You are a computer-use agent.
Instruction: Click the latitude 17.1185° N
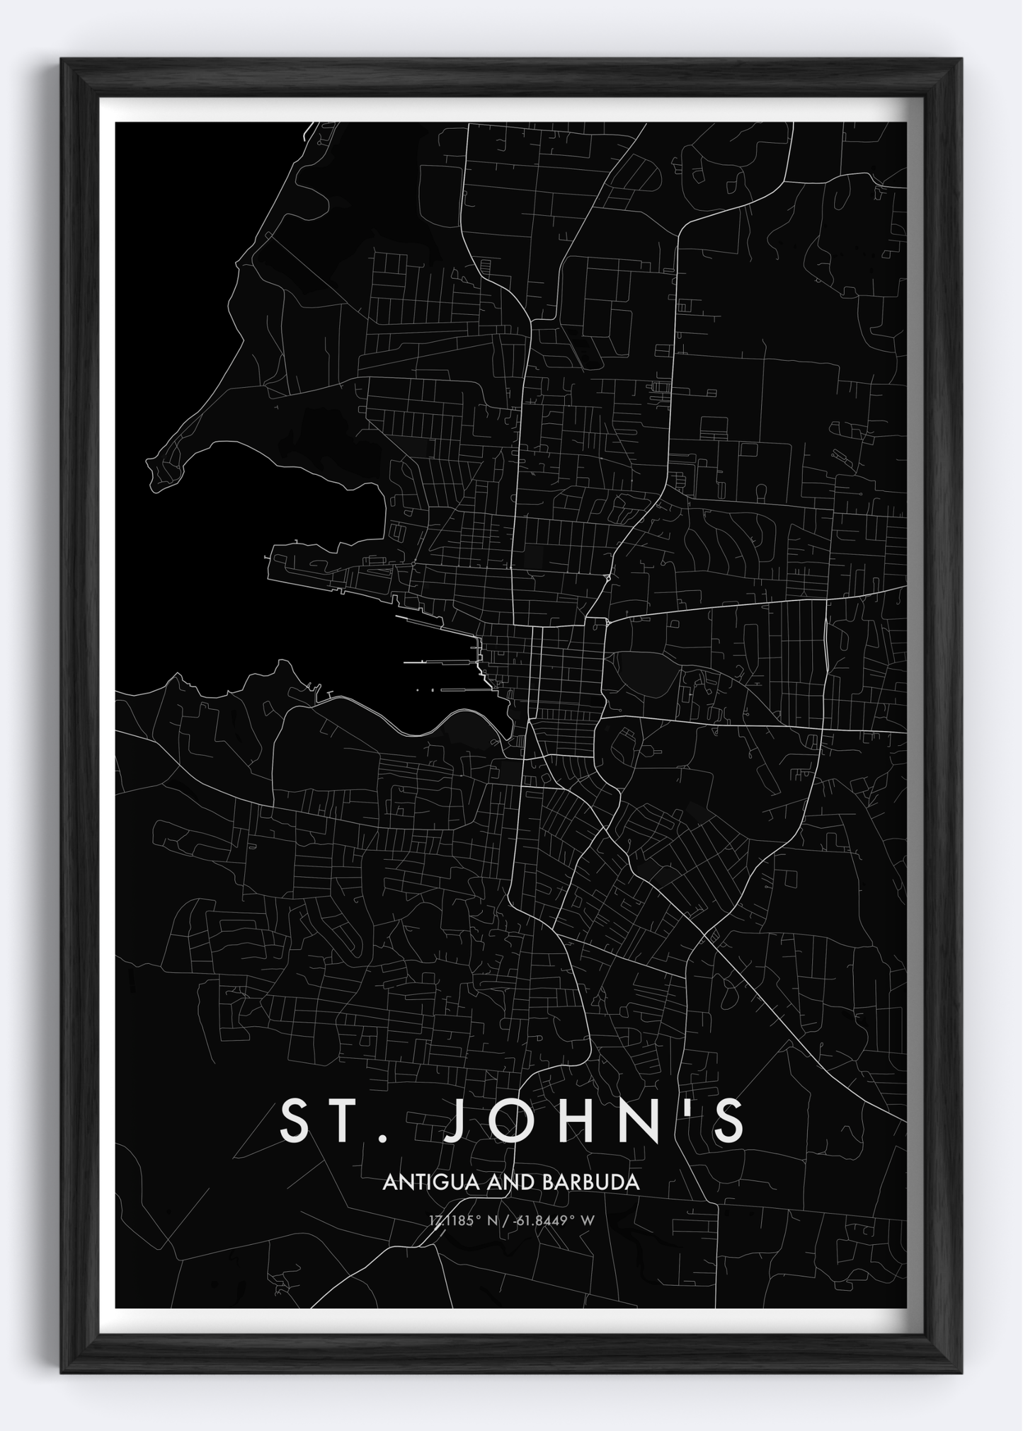(x=462, y=1219)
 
